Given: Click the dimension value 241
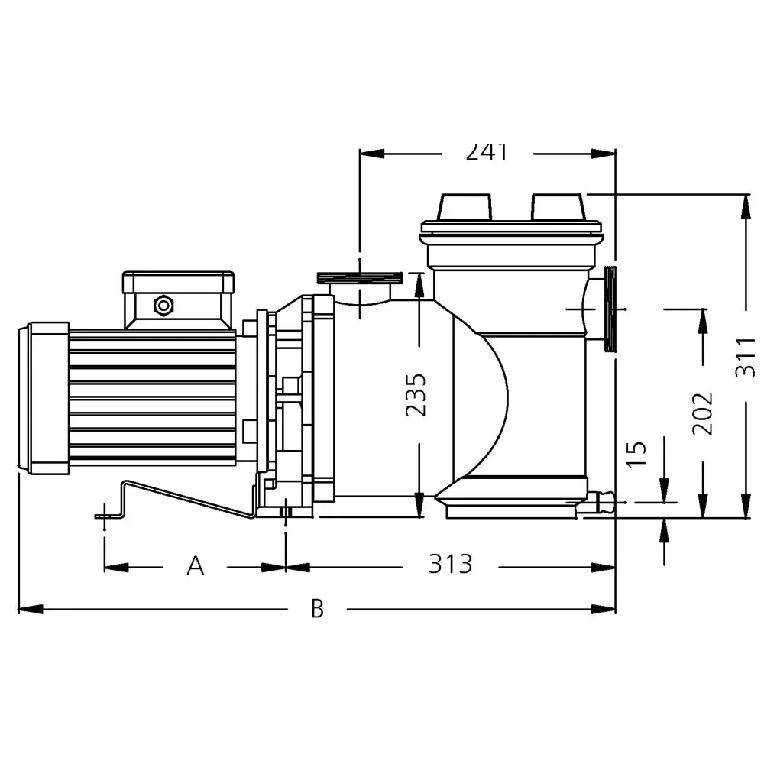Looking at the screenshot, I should point(487,152).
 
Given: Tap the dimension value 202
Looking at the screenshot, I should point(702,413).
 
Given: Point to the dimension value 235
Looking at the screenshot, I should point(417,395).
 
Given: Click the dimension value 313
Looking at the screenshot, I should point(450,565).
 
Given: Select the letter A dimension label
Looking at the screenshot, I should point(196,566).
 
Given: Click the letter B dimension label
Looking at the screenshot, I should point(317,609).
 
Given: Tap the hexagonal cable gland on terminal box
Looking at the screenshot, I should point(163,306).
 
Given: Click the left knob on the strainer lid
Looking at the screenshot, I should point(464,207).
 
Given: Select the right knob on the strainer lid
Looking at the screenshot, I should point(558,207).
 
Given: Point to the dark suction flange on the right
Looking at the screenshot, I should point(610,309).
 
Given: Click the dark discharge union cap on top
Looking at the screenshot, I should point(359,276).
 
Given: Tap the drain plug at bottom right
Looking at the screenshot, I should point(600,503).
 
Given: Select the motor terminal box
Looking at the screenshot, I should point(179,299).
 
